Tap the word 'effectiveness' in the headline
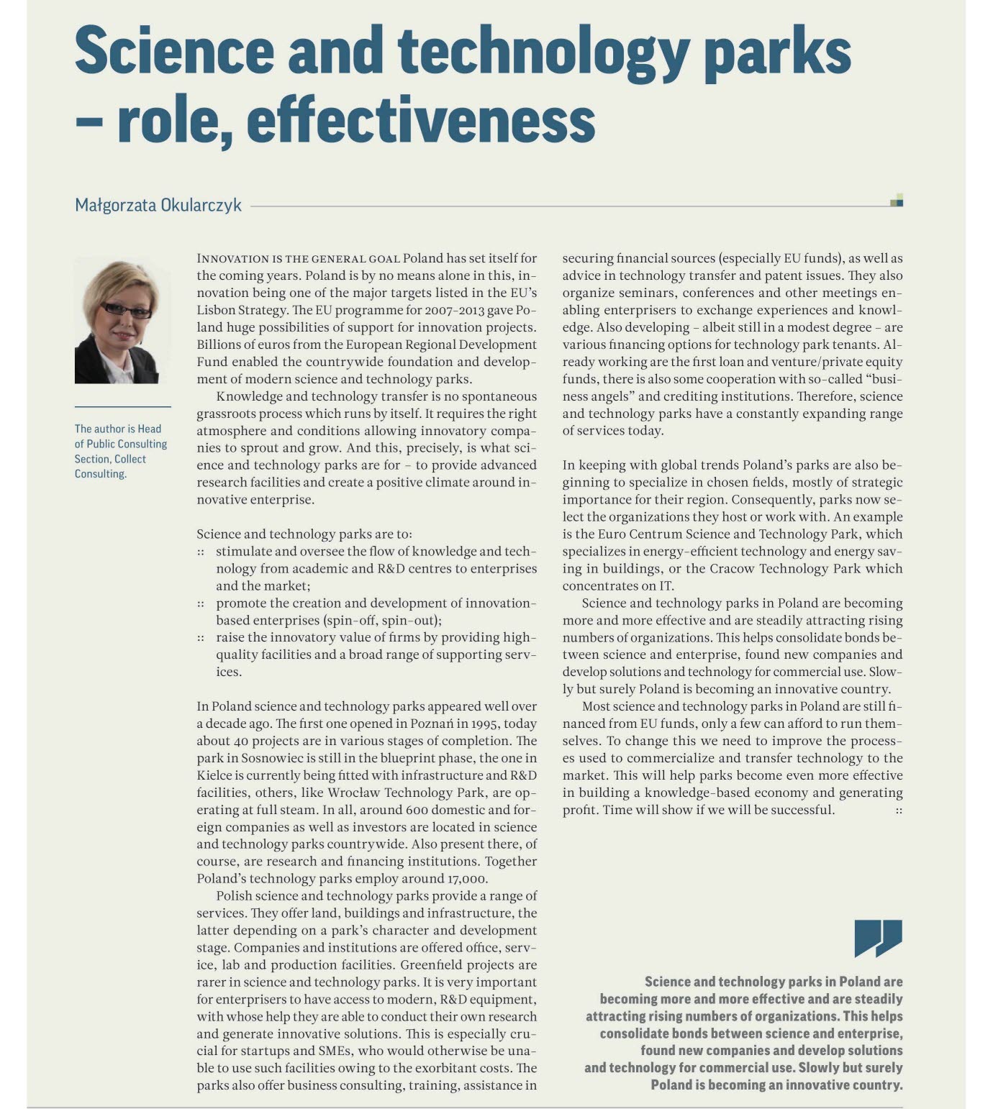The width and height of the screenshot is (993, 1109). pos(421,120)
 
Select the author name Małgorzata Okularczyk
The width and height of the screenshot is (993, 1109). pos(158,205)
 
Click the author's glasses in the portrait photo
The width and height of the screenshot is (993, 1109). pos(127,310)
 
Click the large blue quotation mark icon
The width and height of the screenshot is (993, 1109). pos(878,937)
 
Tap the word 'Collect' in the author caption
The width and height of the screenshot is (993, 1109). pos(130,459)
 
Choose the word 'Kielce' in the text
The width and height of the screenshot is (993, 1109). pos(214,775)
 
